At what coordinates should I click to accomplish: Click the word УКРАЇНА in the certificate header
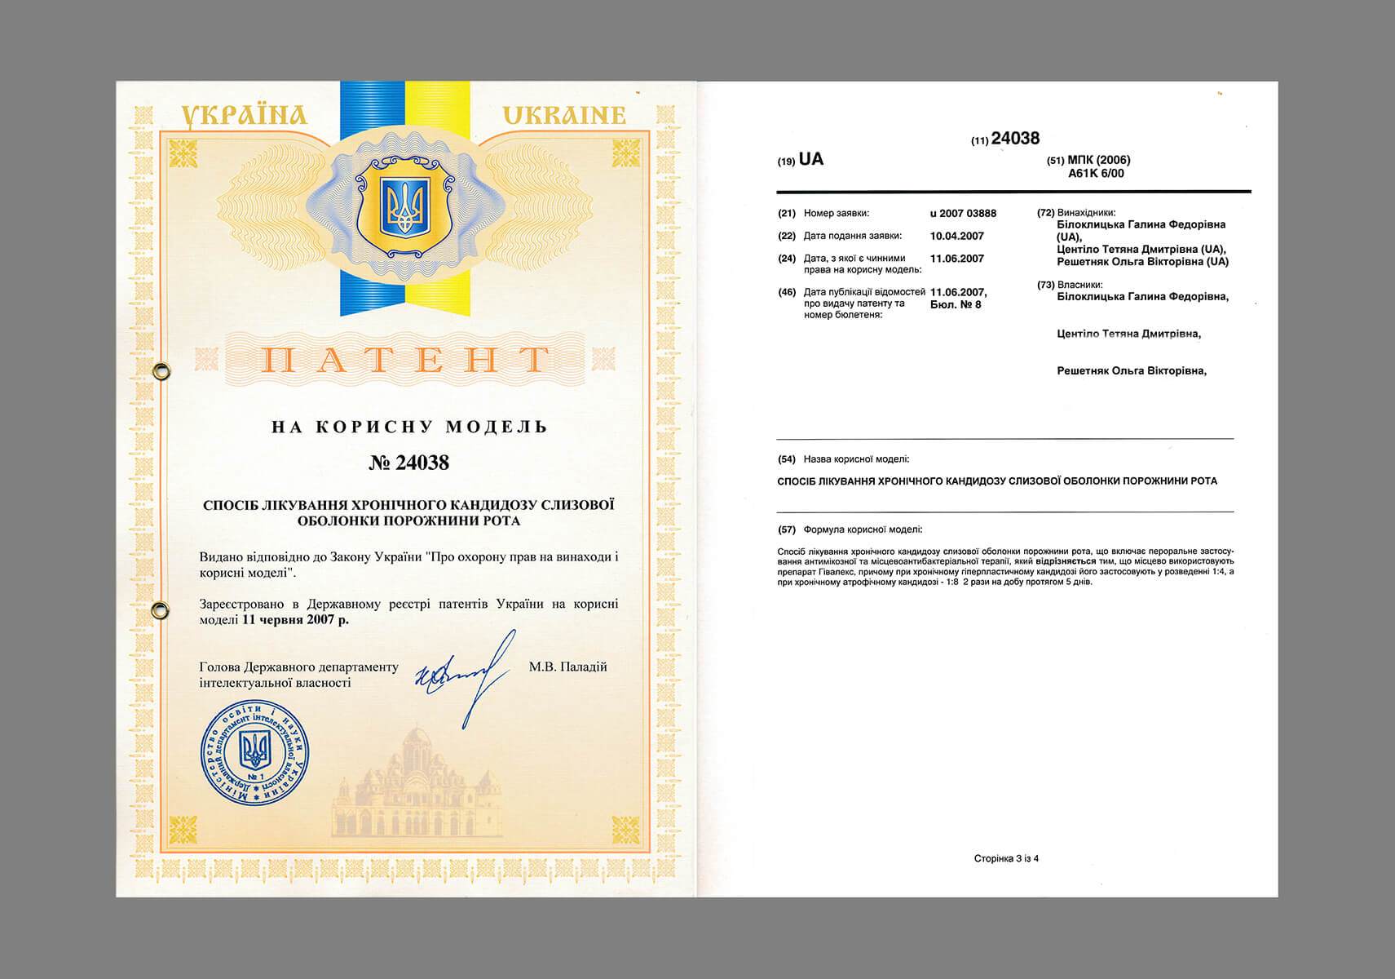[244, 116]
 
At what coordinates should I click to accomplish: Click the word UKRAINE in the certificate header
[563, 115]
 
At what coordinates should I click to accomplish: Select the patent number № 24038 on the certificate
[408, 463]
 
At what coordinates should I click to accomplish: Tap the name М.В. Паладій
[567, 667]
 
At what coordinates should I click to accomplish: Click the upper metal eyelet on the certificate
[161, 372]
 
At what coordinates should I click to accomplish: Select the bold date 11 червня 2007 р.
[296, 619]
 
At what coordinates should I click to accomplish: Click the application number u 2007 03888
[963, 214]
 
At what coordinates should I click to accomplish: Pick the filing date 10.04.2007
[956, 236]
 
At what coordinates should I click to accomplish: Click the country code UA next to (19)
[811, 159]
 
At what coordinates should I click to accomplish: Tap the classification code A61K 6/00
[1097, 173]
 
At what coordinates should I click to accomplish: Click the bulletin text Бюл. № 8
[956, 304]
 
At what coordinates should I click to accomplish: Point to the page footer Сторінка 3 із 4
[1006, 858]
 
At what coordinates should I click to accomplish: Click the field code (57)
[787, 529]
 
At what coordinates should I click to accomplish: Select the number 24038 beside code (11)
[1015, 139]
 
